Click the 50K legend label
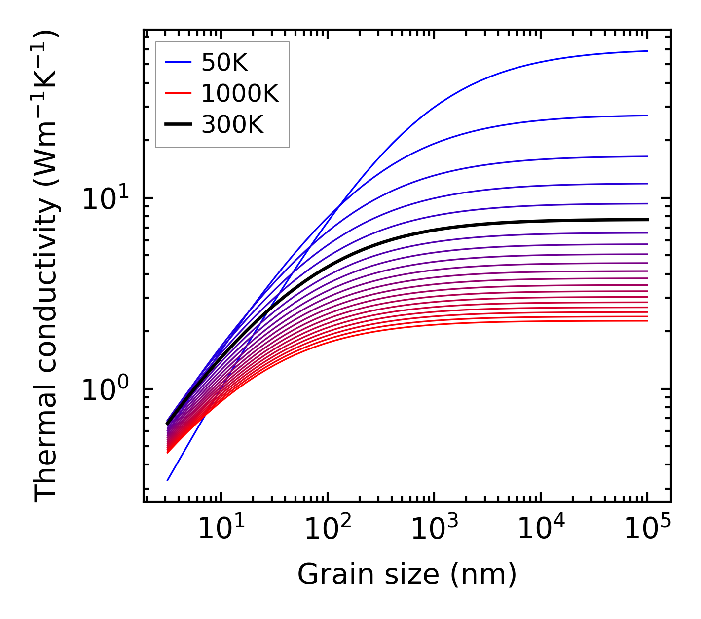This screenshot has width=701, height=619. (224, 63)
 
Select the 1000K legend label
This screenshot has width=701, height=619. (240, 94)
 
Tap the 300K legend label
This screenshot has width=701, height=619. (232, 125)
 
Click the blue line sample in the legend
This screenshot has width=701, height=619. (178, 62)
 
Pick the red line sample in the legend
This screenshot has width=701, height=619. (178, 93)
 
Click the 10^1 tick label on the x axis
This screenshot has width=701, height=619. (221, 530)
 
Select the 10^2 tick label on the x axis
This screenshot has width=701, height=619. (327, 530)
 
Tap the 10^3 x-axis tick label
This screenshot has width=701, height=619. (434, 530)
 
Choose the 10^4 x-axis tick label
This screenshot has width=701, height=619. (540, 530)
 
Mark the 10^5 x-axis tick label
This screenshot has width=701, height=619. (647, 530)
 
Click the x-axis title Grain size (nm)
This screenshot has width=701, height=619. (407, 574)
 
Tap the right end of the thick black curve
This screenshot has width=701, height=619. (647, 220)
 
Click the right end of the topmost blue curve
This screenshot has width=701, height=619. (647, 51)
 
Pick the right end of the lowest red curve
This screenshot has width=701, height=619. (647, 321)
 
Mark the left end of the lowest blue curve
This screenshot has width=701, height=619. (168, 480)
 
